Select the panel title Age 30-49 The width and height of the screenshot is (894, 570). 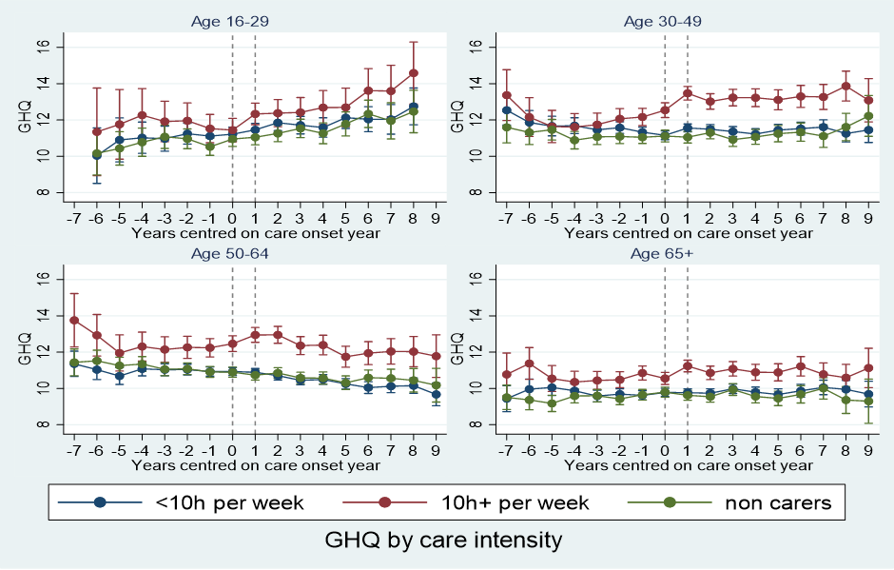[664, 20]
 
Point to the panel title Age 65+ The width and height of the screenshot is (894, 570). [664, 253]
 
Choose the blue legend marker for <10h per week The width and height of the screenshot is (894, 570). [98, 502]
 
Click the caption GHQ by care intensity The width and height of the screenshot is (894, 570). [443, 541]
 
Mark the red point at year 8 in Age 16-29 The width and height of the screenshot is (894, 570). [413, 72]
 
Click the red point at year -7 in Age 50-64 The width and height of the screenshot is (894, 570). [74, 320]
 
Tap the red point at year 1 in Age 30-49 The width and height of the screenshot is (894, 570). [688, 93]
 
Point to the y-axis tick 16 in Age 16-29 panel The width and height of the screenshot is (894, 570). [53, 47]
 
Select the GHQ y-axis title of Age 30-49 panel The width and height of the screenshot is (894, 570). [458, 119]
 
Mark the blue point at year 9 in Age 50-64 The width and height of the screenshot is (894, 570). [436, 394]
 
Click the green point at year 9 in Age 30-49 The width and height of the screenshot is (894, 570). [867, 116]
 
